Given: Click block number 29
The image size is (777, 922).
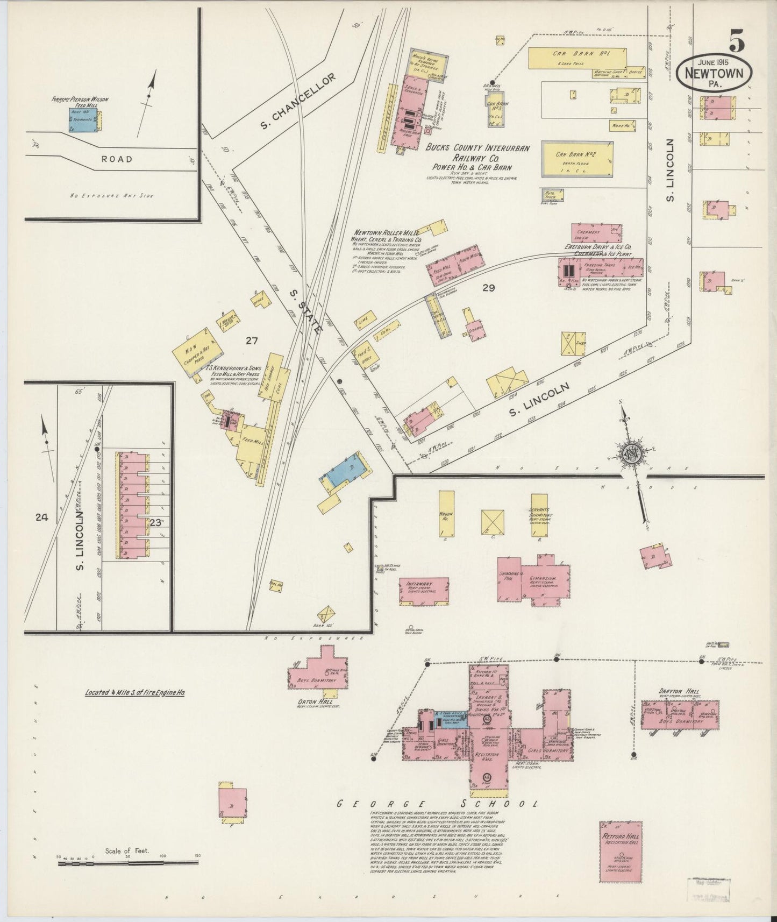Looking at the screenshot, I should [x=488, y=288].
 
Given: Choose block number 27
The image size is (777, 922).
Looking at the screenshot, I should [x=252, y=340].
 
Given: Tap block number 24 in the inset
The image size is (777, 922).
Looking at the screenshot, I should [x=41, y=517].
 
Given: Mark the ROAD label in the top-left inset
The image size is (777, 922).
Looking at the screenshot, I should [x=117, y=159].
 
